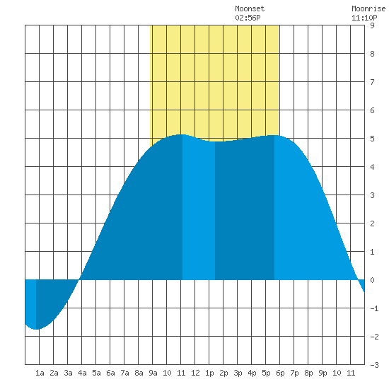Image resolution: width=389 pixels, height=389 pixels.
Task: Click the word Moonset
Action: (250, 8)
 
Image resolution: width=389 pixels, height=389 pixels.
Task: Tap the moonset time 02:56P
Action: (248, 18)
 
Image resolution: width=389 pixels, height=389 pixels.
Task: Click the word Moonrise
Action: (368, 8)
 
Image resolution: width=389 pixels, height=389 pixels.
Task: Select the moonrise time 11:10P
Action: (364, 18)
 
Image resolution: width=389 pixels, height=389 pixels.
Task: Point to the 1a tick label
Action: (40, 373)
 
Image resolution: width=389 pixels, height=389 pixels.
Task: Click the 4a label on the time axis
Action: (82, 373)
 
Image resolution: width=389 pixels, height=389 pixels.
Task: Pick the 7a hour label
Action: (124, 373)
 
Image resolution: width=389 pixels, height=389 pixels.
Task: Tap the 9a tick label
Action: (153, 373)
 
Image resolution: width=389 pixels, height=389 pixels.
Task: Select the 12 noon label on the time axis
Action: (195, 373)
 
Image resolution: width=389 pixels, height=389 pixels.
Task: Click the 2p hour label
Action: (223, 373)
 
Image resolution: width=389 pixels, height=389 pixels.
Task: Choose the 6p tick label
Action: (280, 373)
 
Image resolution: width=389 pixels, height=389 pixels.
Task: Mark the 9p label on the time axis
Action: (323, 373)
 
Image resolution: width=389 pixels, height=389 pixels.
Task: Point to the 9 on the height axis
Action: (372, 25)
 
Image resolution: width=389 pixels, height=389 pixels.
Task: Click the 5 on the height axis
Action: (372, 139)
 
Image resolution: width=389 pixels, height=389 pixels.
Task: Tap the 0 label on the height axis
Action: (372, 280)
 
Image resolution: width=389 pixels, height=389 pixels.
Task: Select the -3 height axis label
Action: (374, 365)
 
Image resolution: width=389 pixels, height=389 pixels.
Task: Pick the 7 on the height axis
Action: (372, 82)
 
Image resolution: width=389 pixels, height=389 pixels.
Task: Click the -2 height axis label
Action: (374, 337)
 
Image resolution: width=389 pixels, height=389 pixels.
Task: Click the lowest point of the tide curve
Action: (36, 329)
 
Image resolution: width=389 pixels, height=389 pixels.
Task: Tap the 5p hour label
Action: (266, 373)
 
